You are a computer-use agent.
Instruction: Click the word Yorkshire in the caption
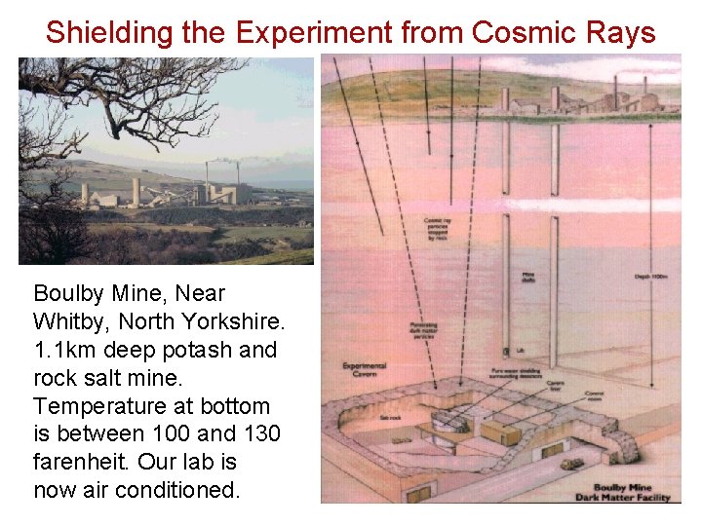tap(234, 321)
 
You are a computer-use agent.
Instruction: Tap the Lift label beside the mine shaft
tap(520, 349)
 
